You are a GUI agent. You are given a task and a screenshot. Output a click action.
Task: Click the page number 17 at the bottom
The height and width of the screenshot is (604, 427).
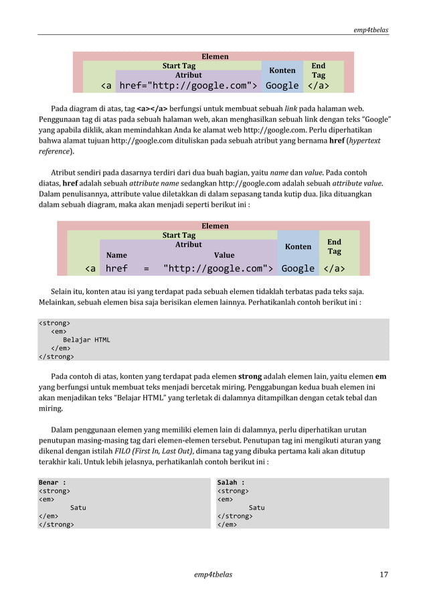383,574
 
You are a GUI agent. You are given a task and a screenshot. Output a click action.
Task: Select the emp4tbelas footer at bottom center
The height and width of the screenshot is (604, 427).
213,574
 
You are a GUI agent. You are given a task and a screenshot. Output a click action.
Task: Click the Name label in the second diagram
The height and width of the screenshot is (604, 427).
116,255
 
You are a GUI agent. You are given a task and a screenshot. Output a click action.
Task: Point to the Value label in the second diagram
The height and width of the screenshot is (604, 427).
224,255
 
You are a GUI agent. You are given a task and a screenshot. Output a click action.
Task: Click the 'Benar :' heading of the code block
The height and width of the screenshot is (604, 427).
52,482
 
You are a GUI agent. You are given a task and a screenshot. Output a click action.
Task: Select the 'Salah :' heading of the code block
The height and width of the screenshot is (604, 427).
231,482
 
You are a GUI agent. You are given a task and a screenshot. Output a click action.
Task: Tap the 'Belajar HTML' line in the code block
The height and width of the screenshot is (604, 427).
86,339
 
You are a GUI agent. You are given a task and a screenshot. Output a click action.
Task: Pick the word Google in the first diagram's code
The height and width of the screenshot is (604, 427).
282,86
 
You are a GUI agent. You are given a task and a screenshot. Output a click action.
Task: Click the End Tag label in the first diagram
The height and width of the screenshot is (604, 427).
319,70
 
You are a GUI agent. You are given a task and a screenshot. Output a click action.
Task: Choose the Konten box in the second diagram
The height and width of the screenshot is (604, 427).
298,246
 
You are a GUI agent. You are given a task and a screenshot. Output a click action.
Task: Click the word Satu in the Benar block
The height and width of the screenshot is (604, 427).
78,508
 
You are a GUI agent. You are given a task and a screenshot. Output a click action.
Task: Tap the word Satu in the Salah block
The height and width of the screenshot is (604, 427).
256,508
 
